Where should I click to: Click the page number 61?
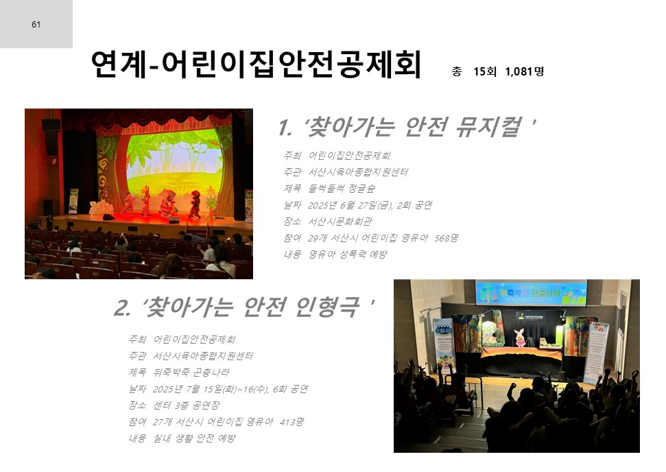point(36,25)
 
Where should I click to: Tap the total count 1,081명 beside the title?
point(525,71)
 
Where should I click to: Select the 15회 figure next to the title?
point(485,71)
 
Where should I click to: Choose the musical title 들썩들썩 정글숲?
point(342,188)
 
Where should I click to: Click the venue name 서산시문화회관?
point(340,222)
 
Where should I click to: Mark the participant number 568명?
point(446,238)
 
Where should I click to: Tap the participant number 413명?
point(292,422)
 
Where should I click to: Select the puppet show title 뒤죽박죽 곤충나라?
point(191,372)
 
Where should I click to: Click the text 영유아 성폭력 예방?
point(348,255)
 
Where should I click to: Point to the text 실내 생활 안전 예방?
point(194,438)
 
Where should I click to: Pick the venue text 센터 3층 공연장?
point(187,405)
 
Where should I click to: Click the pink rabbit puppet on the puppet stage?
point(520,338)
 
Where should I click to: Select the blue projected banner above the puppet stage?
point(532,293)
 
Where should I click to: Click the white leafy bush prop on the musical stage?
point(101,208)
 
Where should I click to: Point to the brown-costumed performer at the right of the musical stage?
point(195,204)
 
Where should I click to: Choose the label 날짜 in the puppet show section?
point(137,389)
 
